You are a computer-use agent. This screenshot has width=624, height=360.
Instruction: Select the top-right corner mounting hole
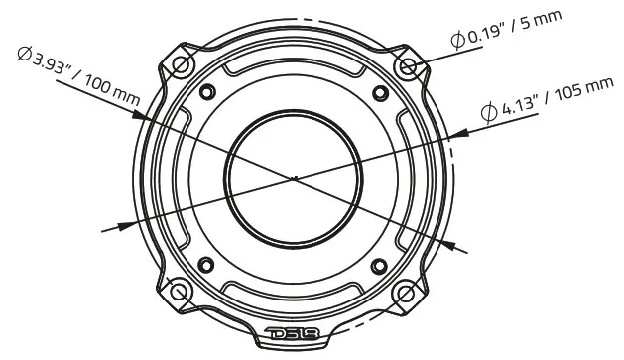point(409,65)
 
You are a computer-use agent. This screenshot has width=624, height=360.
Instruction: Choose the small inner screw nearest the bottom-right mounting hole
point(380,265)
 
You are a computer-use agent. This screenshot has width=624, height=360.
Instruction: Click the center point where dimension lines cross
point(294,179)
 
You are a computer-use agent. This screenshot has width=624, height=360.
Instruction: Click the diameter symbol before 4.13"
point(489,112)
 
